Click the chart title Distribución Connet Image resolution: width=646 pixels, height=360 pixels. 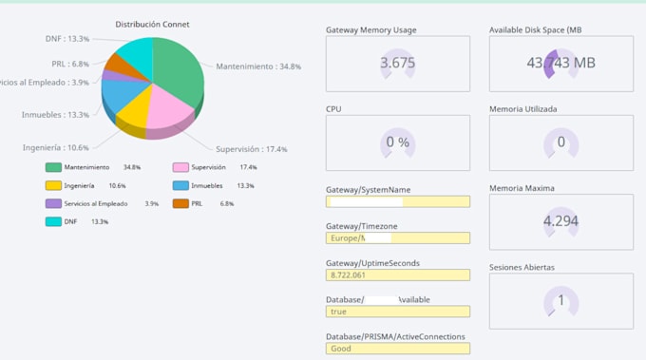[152, 24]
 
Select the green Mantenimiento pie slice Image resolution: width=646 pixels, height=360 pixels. [179, 71]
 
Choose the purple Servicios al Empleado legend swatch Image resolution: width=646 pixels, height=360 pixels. [54, 203]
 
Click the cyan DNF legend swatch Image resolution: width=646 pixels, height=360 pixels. [54, 221]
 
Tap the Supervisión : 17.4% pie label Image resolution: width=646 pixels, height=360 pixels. [251, 149]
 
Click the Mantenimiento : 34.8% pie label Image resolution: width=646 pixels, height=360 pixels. [258, 66]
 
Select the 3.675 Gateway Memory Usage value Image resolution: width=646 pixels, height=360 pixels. [397, 64]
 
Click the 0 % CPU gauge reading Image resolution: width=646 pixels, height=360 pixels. [397, 142]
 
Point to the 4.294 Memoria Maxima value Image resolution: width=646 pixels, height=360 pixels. [560, 221]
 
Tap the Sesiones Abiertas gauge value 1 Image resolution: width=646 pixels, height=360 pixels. [560, 300]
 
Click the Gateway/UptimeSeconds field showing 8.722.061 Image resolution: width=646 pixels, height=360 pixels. [397, 275]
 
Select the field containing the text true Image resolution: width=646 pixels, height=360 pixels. [397, 311]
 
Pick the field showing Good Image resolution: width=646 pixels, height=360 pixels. [397, 348]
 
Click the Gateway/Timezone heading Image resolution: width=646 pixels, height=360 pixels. [362, 226]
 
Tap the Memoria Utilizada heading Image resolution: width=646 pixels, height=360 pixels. [522, 109]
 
